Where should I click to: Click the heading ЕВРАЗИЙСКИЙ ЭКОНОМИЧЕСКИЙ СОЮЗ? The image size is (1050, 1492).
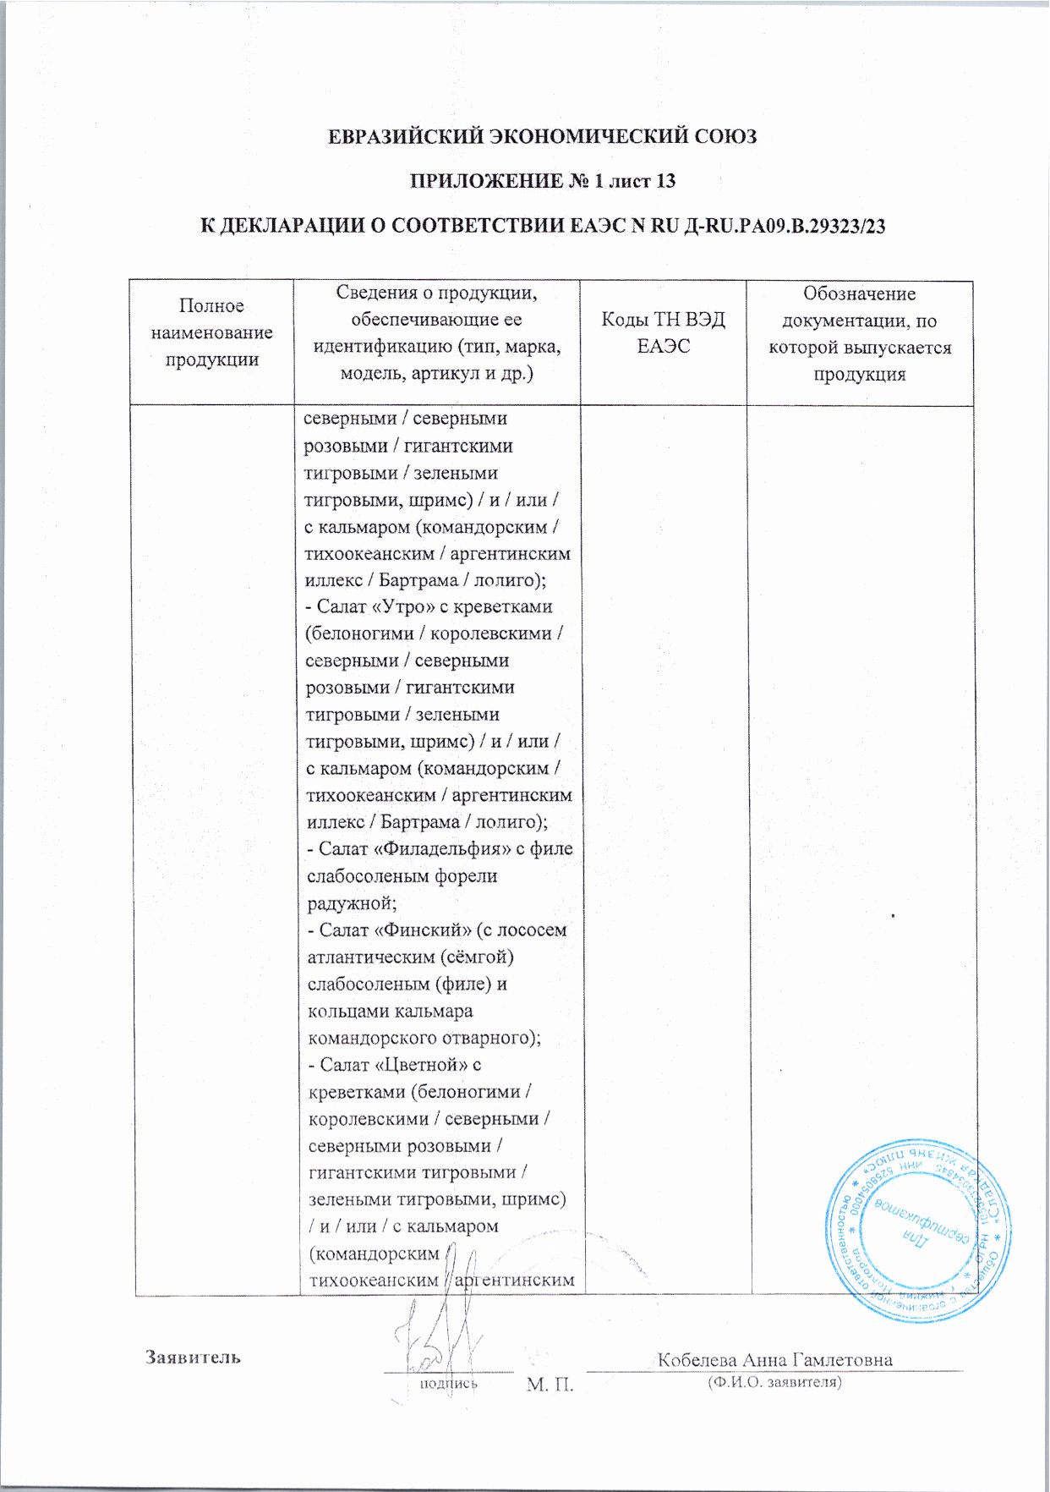pyautogui.click(x=542, y=136)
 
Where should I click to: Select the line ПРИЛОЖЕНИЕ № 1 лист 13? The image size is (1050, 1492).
pyautogui.click(x=542, y=181)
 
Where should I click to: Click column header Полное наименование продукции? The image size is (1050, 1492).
pyautogui.click(x=211, y=332)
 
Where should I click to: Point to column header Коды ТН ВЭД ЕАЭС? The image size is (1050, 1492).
pyautogui.click(x=663, y=332)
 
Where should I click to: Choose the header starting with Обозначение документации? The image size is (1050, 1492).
pyautogui.click(x=859, y=334)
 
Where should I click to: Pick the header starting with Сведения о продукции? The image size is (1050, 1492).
pyautogui.click(x=436, y=333)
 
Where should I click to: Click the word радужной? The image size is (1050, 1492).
pyautogui.click(x=345, y=903)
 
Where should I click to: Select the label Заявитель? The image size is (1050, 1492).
pyautogui.click(x=193, y=1357)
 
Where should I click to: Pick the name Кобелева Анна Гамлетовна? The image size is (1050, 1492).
pyautogui.click(x=774, y=1359)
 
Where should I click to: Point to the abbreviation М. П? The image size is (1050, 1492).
pyautogui.click(x=550, y=1385)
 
